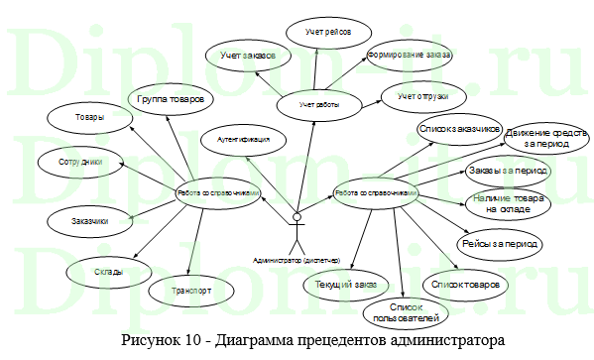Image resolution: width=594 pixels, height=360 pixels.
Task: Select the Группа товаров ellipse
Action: tap(171, 99)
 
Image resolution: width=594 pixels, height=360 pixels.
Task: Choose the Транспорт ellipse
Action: tap(192, 291)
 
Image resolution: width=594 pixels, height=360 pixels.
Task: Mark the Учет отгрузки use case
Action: tap(423, 96)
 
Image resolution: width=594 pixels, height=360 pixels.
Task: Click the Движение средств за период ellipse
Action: tap(536, 137)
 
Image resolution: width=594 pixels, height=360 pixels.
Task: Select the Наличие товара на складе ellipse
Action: tap(508, 204)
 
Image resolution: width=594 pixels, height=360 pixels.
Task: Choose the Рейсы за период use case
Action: tap(499, 242)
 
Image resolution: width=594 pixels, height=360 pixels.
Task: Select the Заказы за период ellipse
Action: tap(509, 171)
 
